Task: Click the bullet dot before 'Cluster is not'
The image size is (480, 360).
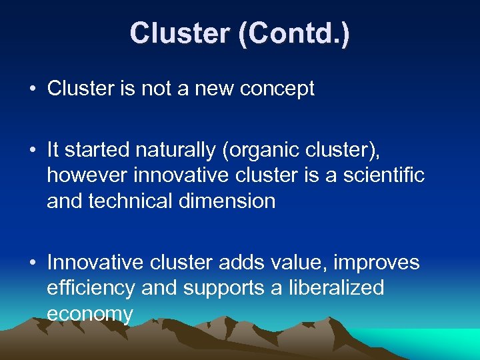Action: pyautogui.click(x=33, y=89)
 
